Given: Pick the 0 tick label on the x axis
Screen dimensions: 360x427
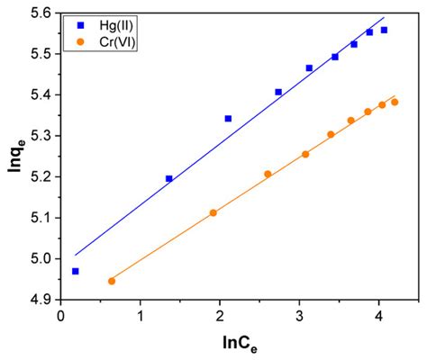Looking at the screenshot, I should (60, 315).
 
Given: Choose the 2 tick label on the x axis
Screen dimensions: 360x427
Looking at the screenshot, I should (220, 315).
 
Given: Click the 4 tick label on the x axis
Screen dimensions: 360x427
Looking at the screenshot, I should (378, 315).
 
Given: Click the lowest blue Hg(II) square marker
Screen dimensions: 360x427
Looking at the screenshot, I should (75, 271).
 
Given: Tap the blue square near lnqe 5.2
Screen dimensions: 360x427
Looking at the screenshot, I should (168, 178).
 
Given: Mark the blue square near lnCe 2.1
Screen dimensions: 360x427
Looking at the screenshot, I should (228, 118).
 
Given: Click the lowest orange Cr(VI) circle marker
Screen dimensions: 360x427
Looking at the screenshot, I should (112, 281).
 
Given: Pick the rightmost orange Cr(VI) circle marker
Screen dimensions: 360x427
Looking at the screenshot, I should (395, 102).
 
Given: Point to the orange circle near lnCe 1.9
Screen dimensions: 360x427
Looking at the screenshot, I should (213, 212).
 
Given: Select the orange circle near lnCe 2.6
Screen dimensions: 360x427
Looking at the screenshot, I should (268, 174).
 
